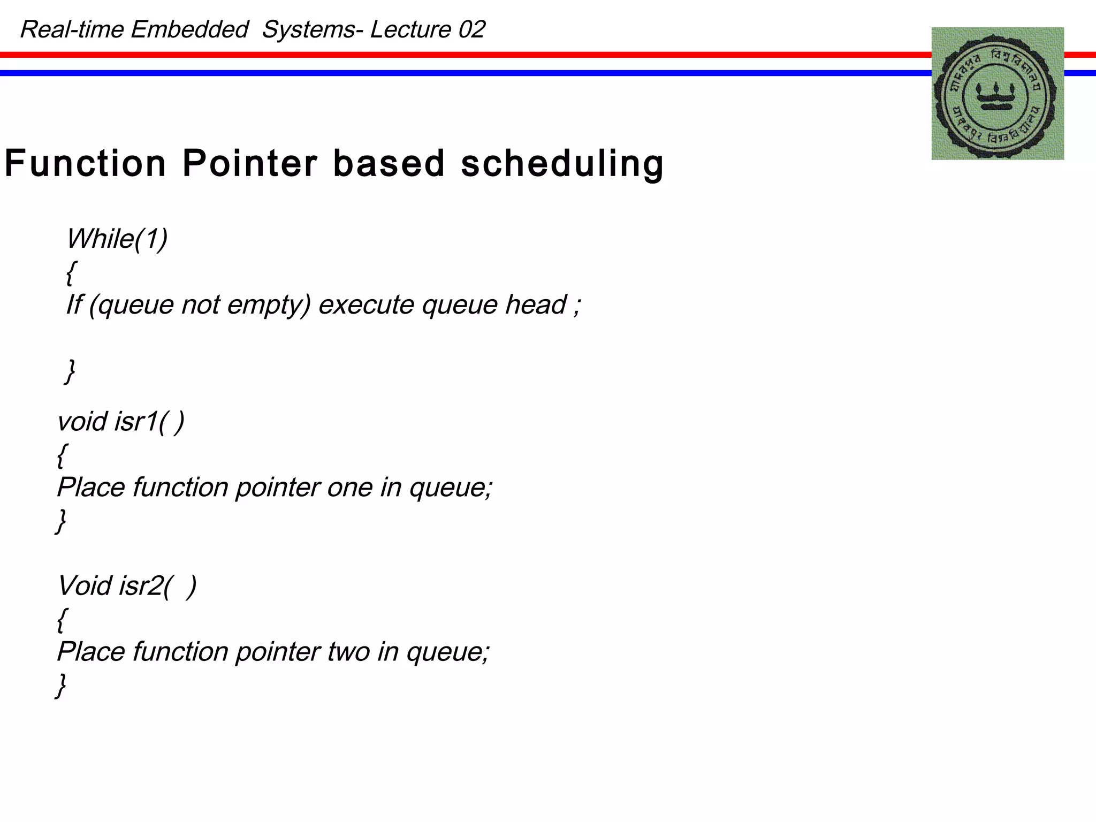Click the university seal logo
998,94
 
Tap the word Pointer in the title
249,163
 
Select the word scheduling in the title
562,163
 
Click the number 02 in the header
471,29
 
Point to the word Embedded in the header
189,29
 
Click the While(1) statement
117,239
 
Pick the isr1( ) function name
149,422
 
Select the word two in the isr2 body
348,652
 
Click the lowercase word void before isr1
82,422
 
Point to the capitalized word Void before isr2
84,586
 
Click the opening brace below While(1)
71,273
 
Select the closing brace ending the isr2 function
62,686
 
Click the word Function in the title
86,163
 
